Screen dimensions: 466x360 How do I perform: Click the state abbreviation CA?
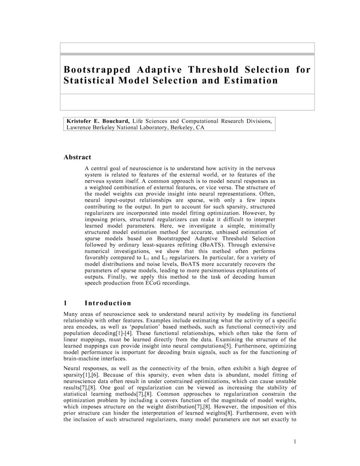(200, 127)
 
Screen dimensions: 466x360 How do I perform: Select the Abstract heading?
(77, 157)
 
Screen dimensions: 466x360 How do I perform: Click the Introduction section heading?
(108, 303)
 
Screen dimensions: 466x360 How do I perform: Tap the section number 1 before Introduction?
(66, 303)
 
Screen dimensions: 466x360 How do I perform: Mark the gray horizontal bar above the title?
(187, 54)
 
